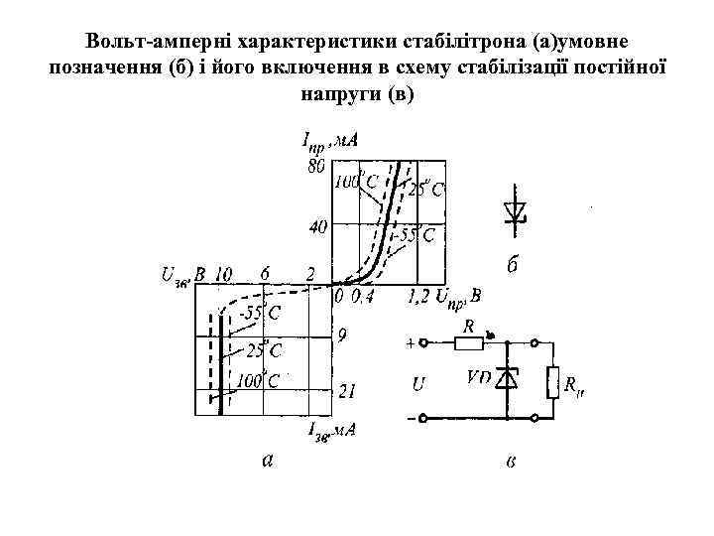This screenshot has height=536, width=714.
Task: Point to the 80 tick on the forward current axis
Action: (314, 166)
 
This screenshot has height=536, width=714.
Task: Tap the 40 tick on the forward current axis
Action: (317, 227)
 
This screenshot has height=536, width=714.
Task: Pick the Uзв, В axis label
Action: (179, 274)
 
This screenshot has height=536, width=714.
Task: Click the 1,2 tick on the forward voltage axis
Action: (419, 295)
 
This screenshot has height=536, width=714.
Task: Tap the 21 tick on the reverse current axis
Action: (347, 392)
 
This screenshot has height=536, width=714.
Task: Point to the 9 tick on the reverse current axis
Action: (342, 336)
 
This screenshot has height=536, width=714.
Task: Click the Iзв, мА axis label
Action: (331, 430)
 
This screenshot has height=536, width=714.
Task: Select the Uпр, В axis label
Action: (461, 295)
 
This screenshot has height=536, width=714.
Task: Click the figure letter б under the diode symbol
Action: (513, 267)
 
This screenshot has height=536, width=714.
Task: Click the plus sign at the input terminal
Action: (411, 343)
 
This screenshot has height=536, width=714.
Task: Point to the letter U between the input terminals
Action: (419, 381)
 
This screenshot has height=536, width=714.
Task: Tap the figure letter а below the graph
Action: (266, 459)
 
